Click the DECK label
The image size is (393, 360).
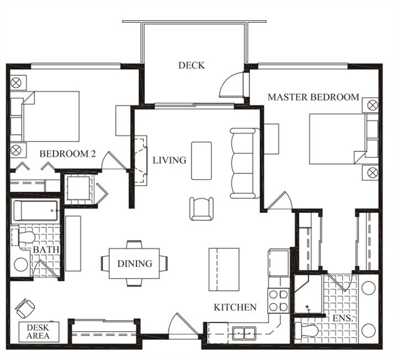(x=192, y=66)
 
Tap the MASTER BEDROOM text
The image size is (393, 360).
(x=313, y=97)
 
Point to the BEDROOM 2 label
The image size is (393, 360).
(x=68, y=153)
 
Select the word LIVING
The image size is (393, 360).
(x=169, y=160)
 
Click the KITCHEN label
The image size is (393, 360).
(x=235, y=307)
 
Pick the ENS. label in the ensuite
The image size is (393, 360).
(x=343, y=318)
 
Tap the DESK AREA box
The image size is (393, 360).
(x=39, y=332)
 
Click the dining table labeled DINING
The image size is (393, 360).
(x=134, y=263)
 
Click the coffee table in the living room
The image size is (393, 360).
(x=201, y=161)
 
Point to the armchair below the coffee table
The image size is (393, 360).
(x=201, y=209)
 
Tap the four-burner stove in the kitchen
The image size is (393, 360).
(x=278, y=301)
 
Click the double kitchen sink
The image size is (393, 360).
(x=244, y=334)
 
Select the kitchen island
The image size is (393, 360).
(x=224, y=270)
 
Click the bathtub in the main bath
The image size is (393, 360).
(x=36, y=211)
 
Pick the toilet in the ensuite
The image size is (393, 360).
(x=306, y=331)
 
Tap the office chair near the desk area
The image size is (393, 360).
(x=25, y=308)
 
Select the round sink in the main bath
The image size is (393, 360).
(x=21, y=265)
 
